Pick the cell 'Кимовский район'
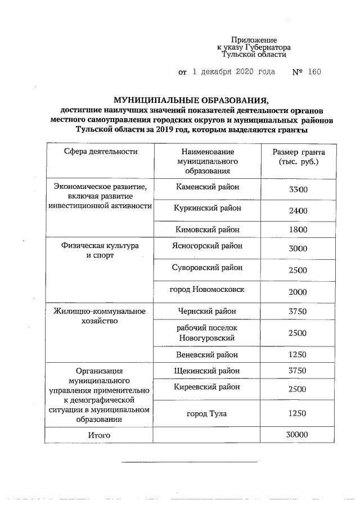pyautogui.click(x=207, y=229)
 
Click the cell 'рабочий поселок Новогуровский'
pyautogui.click(x=207, y=332)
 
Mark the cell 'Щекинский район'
pyautogui.click(x=207, y=371)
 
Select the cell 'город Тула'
pyautogui.click(x=207, y=413)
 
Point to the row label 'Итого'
pyautogui.click(x=99, y=435)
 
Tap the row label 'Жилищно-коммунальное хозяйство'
pyautogui.click(x=100, y=316)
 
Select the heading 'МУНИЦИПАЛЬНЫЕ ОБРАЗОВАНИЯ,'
pyautogui.click(x=191, y=100)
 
